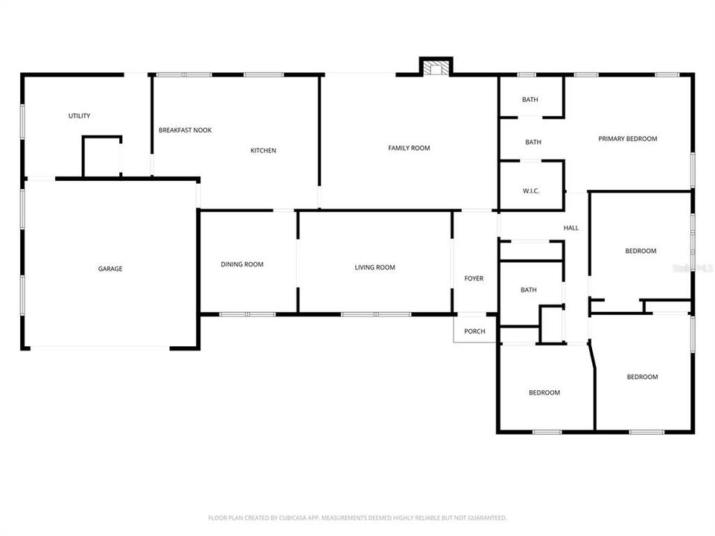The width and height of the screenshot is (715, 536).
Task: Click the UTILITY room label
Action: click(x=79, y=115)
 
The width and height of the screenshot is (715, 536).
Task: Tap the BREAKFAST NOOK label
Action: click(x=185, y=130)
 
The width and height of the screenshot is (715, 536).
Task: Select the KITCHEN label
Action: click(x=263, y=150)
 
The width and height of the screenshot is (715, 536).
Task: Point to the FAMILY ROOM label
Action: click(x=409, y=148)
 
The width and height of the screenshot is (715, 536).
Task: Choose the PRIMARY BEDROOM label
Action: click(x=628, y=138)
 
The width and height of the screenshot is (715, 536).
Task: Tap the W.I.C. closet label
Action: click(x=530, y=191)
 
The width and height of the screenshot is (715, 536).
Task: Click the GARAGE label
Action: click(x=109, y=269)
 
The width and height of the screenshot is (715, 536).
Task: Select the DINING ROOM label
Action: click(x=242, y=264)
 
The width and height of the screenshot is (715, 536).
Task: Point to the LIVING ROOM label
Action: click(x=375, y=267)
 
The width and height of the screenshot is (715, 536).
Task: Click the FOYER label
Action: click(x=474, y=278)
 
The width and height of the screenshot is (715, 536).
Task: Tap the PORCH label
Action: click(x=474, y=331)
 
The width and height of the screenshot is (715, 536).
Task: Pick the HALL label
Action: click(x=571, y=228)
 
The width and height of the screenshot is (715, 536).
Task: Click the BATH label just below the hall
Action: click(x=529, y=290)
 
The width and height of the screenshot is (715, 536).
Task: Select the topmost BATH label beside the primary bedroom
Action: click(x=530, y=100)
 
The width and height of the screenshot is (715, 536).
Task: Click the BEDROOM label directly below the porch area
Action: click(x=544, y=392)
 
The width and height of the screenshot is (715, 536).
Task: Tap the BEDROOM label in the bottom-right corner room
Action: click(x=642, y=377)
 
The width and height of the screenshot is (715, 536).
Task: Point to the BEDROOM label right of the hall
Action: click(x=641, y=251)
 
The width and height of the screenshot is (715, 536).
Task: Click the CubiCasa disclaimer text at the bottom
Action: click(x=357, y=517)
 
